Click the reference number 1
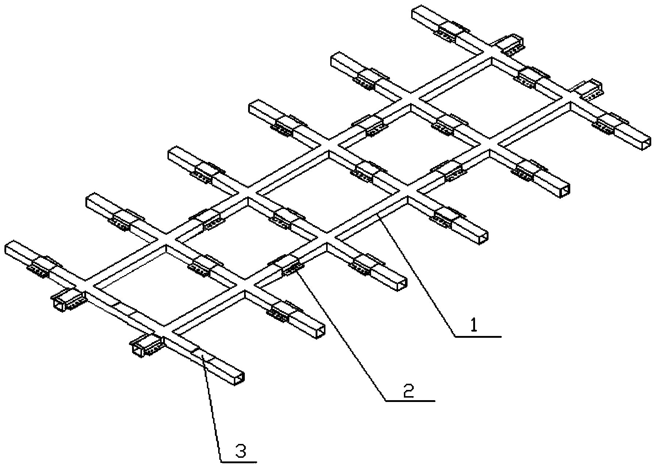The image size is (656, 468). tap(474, 325)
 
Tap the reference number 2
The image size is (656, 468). tap(408, 391)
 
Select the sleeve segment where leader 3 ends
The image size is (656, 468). tap(202, 354)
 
